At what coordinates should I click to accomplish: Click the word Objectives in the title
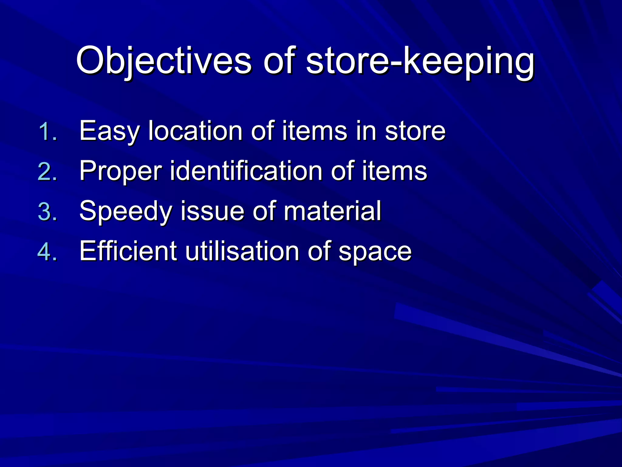(164, 61)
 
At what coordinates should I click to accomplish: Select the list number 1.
(48, 132)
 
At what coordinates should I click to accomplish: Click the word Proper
(120, 171)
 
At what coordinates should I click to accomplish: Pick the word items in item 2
(394, 171)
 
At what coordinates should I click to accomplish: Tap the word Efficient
(128, 251)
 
